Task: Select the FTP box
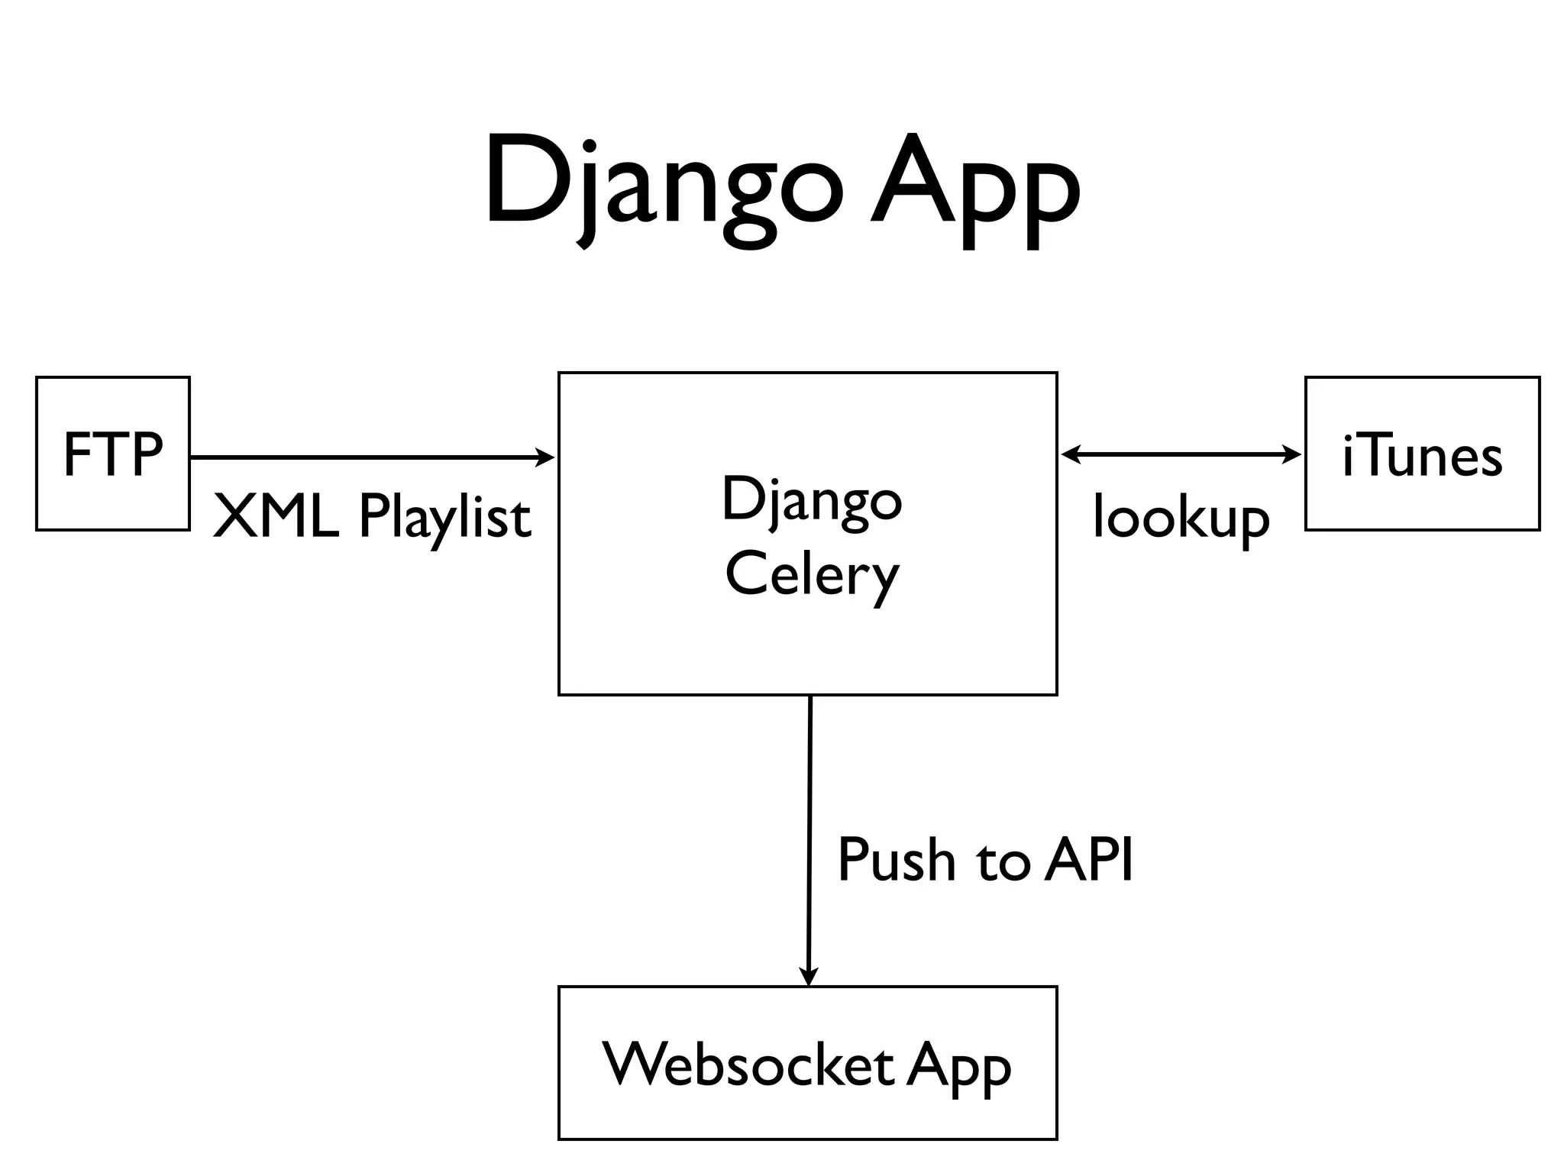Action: [x=112, y=454]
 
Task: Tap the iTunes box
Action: [x=1422, y=454]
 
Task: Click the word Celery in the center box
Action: [x=811, y=577]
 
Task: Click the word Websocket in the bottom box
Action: [x=748, y=1064]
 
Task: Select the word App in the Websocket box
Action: [x=958, y=1067]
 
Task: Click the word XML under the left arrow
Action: [x=276, y=517]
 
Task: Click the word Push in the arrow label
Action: [x=896, y=860]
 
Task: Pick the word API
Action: [x=1089, y=858]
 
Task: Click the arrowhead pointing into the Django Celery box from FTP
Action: [x=546, y=457]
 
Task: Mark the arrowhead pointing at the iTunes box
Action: [x=1293, y=455]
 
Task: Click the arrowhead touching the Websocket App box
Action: [x=808, y=977]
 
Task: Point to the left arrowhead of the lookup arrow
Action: [x=1070, y=455]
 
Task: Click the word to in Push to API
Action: [x=1000, y=861]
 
